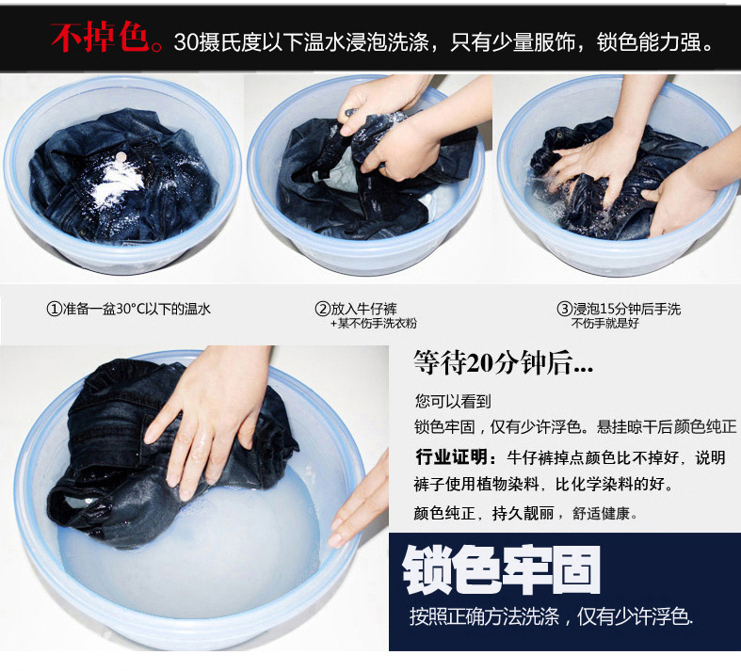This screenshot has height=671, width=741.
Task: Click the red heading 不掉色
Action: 100,37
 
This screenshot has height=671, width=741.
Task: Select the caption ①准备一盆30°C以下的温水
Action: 129,309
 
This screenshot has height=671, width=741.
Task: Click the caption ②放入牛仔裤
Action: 356,309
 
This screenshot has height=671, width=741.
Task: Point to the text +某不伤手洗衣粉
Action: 374,324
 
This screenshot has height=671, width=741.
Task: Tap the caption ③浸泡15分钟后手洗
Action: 619,309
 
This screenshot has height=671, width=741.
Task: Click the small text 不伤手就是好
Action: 604,324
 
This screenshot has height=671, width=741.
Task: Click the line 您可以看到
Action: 453,401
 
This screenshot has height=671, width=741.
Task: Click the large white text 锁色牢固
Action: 502,570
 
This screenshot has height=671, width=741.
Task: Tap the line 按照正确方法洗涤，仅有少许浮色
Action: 551,616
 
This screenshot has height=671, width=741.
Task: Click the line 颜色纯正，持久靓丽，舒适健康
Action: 525,513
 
